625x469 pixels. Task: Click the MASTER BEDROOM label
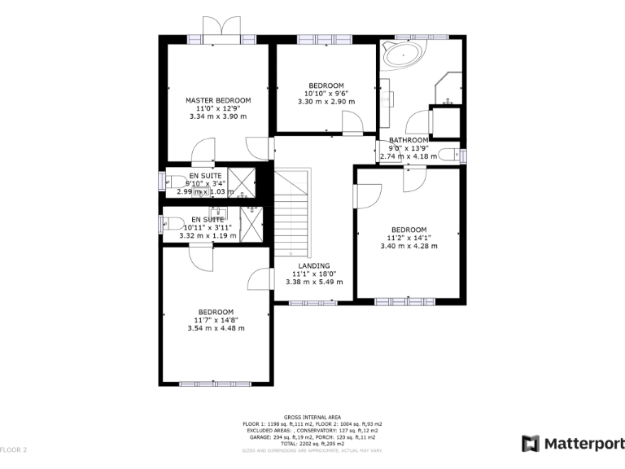coord(217,100)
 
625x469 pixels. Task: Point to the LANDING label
coord(313,266)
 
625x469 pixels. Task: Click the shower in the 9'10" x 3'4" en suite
coord(241,182)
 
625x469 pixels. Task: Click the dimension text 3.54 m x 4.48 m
coord(216,328)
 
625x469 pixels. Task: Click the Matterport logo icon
coord(530,444)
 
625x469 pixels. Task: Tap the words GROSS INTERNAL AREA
coord(312,417)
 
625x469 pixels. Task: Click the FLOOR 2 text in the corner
coord(14,449)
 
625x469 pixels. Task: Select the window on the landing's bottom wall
coord(313,303)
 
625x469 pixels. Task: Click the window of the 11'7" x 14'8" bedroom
coord(216,384)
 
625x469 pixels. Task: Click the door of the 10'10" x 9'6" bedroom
coord(352,124)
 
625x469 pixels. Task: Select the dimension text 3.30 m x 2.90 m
coord(326,102)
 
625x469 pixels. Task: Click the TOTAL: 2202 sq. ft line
coord(312,442)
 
